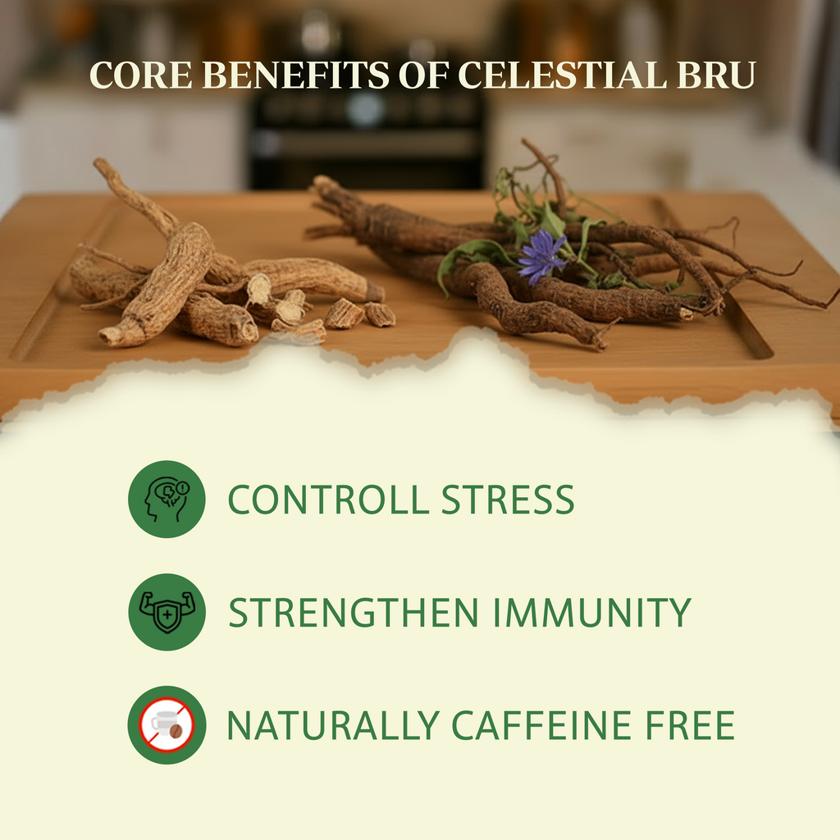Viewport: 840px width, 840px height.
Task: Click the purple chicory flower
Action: [541, 255]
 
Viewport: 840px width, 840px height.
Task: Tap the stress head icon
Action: [166, 499]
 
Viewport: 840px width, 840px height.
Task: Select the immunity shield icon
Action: [166, 612]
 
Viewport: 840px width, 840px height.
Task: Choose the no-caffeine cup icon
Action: [166, 725]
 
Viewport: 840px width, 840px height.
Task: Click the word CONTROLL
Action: [328, 500]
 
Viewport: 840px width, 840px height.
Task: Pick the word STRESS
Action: [507, 500]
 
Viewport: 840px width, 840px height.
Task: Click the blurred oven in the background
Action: [366, 123]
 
